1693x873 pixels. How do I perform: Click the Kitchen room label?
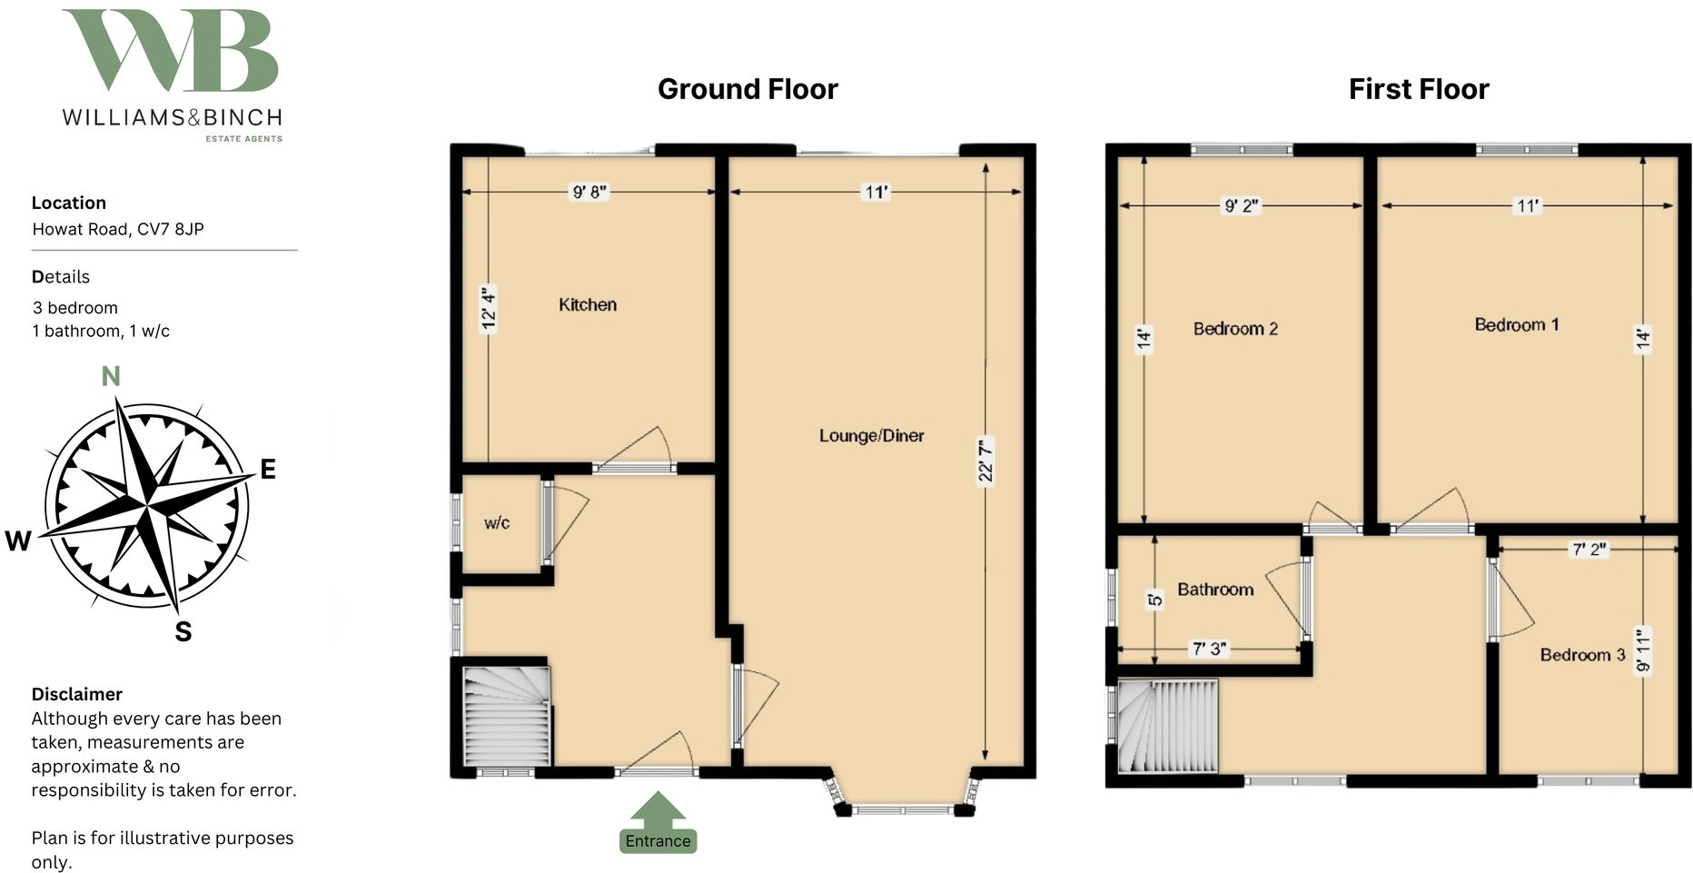pyautogui.click(x=588, y=305)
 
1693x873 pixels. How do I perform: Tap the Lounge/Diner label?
pyautogui.click(x=871, y=436)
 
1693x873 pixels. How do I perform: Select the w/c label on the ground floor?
pyautogui.click(x=497, y=523)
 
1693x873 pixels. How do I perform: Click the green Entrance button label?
pyautogui.click(x=658, y=841)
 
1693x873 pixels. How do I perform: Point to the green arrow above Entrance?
pyautogui.click(x=658, y=809)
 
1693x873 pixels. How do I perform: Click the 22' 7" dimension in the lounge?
pyautogui.click(x=985, y=461)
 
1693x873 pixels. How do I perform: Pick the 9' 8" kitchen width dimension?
pyautogui.click(x=589, y=192)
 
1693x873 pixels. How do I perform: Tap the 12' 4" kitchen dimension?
pyautogui.click(x=489, y=309)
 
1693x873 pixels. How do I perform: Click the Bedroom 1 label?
pyautogui.click(x=1516, y=325)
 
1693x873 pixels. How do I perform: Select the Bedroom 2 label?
pyautogui.click(x=1235, y=329)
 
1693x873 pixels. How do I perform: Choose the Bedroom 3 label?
pyautogui.click(x=1582, y=655)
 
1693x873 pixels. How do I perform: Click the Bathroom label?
pyautogui.click(x=1215, y=590)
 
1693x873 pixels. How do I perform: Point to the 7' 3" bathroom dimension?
pyautogui.click(x=1209, y=649)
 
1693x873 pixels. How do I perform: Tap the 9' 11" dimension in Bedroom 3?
pyautogui.click(x=1642, y=650)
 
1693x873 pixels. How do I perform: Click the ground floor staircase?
pyautogui.click(x=507, y=718)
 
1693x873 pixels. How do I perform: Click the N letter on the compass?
pyautogui.click(x=111, y=376)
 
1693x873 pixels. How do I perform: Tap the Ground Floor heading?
pyautogui.click(x=747, y=89)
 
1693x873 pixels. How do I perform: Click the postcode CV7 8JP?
pyautogui.click(x=170, y=229)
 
